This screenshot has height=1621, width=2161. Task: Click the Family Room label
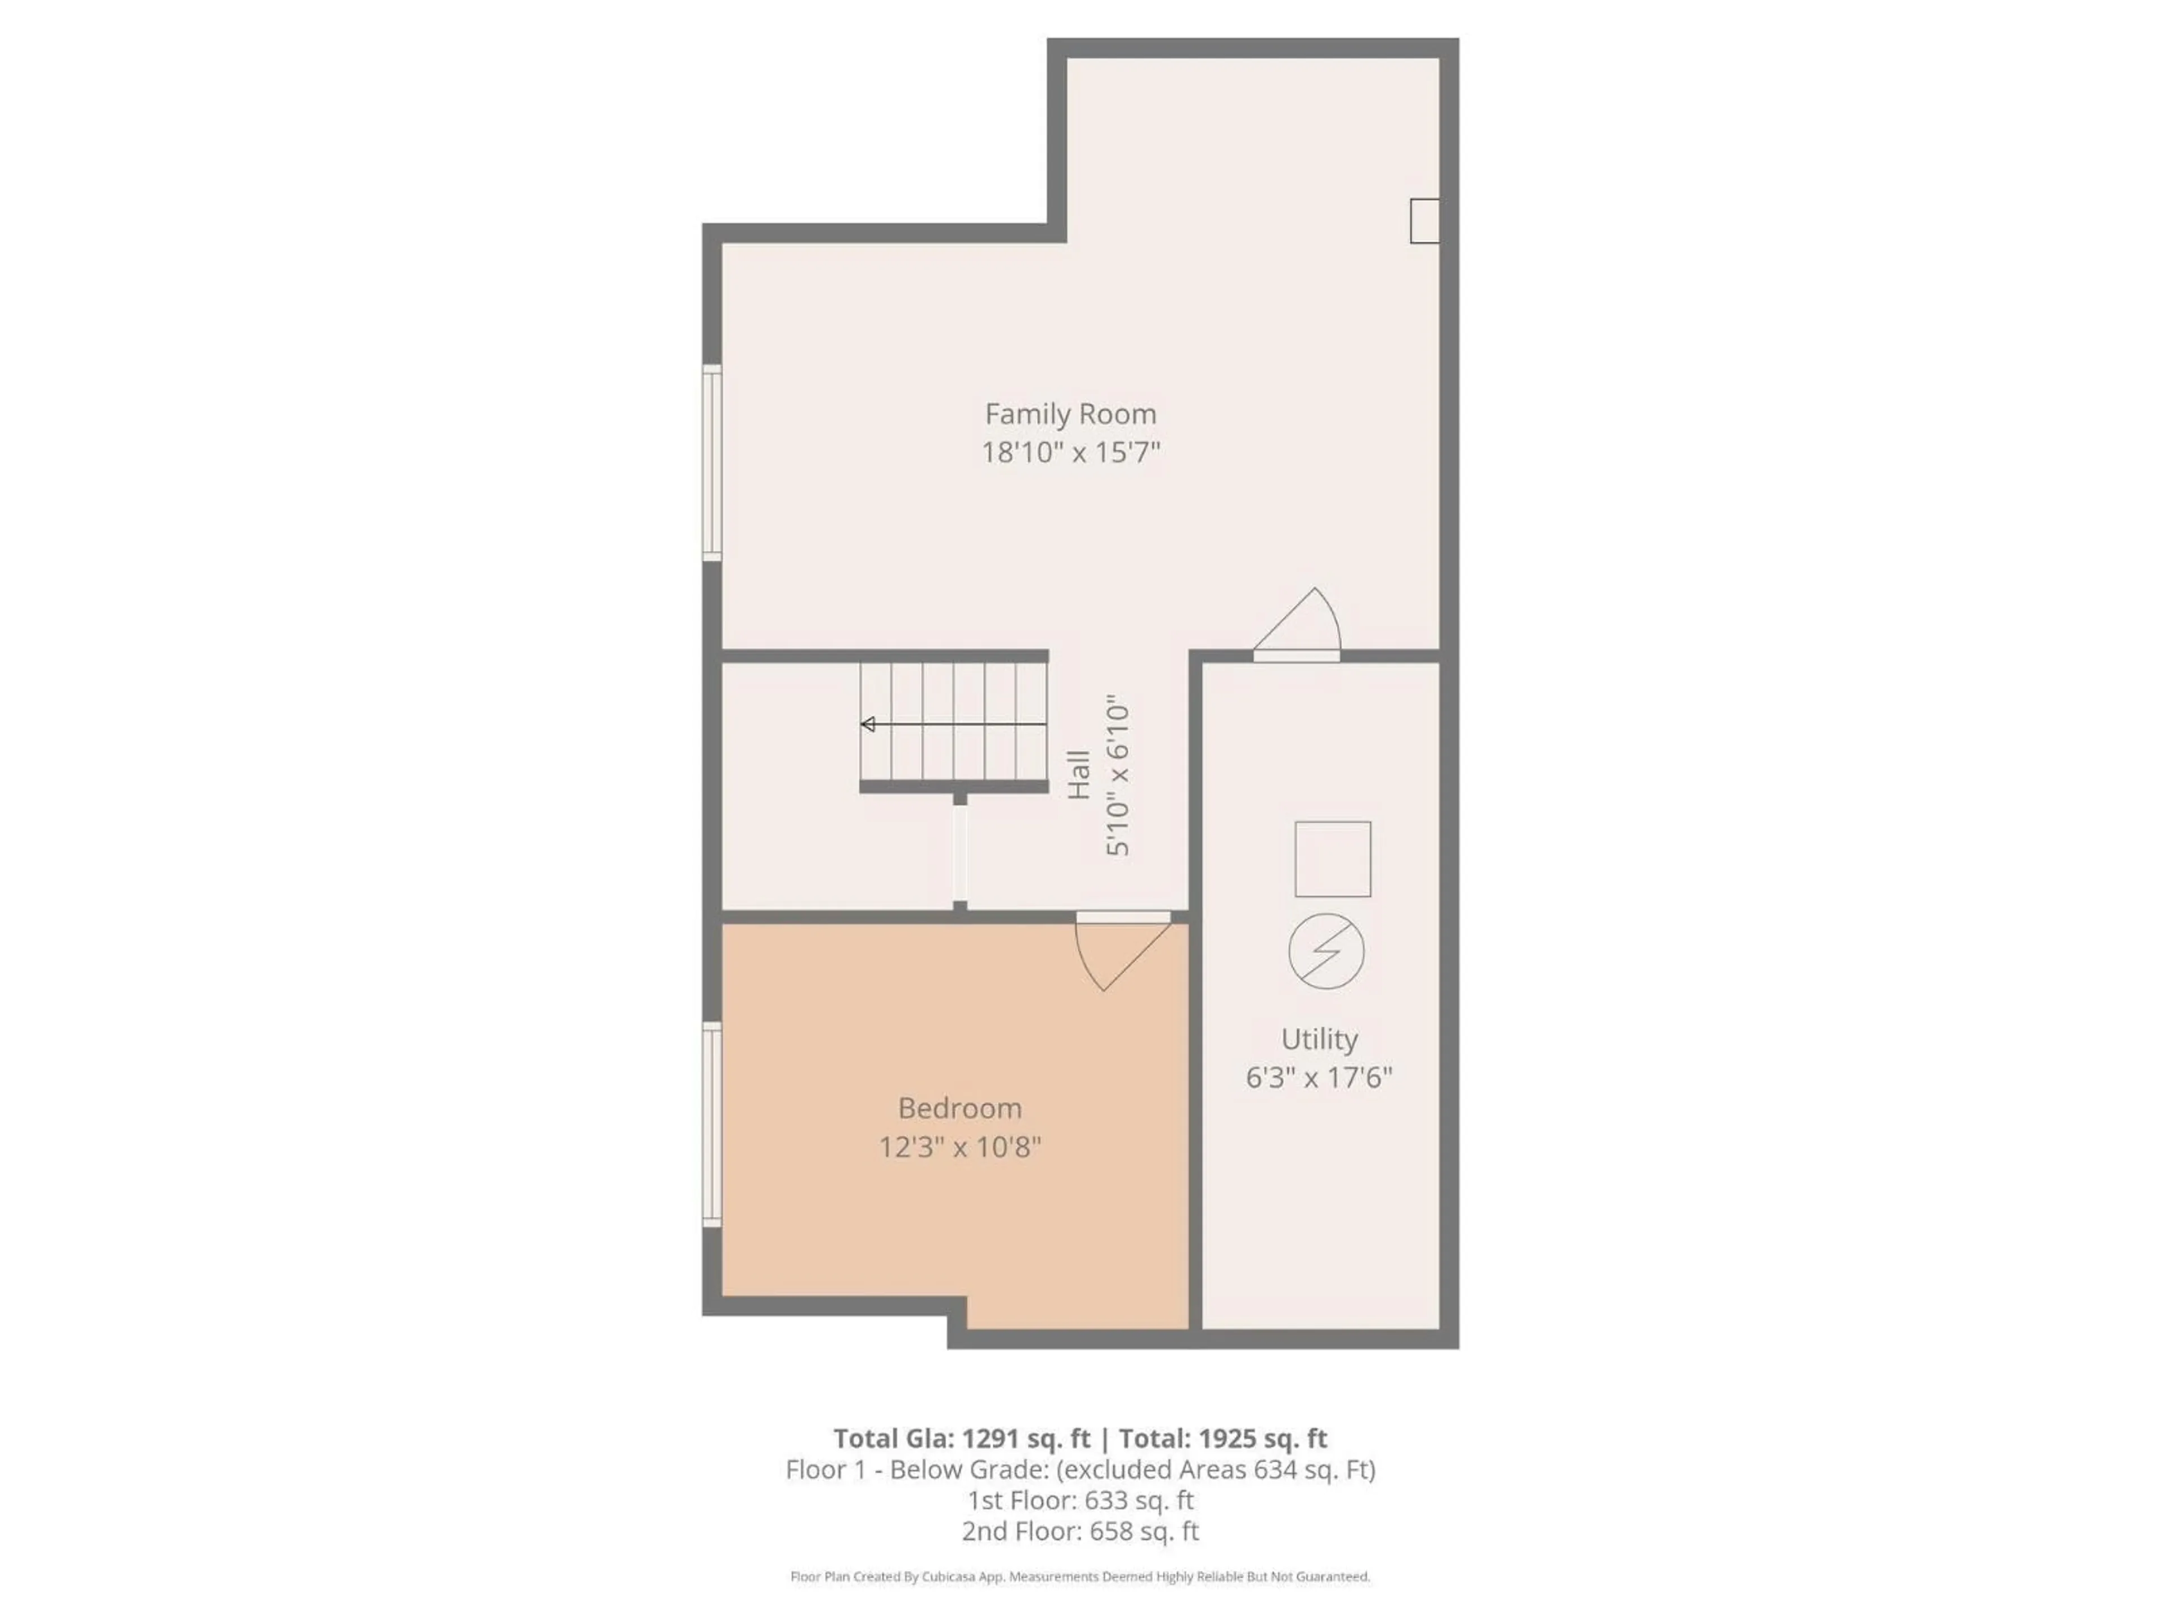1070,414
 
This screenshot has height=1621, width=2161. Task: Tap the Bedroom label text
960,1108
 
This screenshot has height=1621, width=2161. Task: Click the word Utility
1319,1038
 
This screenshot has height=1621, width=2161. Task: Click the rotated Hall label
1079,775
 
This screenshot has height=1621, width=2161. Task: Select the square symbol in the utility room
1333,859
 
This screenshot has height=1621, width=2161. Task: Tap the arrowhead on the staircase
868,724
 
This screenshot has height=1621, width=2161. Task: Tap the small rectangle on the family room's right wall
1423,221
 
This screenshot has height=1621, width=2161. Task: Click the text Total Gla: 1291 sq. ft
961,1438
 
